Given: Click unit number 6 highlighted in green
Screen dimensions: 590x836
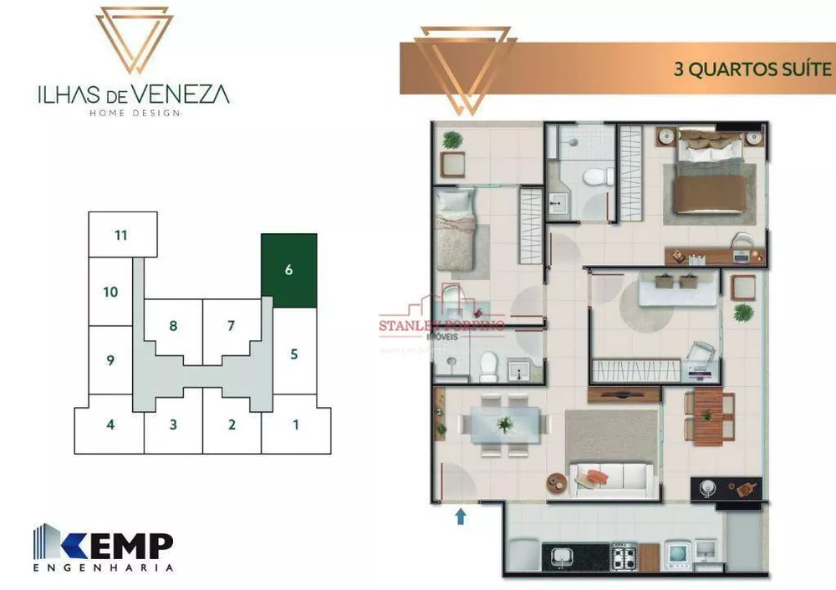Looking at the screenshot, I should pos(288,270).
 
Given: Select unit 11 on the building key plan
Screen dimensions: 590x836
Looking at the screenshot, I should pos(122,234).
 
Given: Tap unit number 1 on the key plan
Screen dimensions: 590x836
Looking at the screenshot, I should pos(295,425).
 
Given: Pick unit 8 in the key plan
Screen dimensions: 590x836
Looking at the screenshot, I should pos(173,325).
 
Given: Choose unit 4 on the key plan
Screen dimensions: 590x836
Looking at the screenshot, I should pos(110,425).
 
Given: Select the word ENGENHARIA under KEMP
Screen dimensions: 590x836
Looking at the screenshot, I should pos(104,567).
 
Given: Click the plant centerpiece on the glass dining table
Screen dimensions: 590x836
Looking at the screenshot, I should pos(505,425).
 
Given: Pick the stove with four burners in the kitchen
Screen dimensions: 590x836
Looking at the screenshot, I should pos(624,557).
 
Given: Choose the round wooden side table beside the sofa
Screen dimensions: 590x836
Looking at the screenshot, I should pos(558,482).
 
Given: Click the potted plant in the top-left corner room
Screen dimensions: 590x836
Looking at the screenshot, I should pos(451,140).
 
